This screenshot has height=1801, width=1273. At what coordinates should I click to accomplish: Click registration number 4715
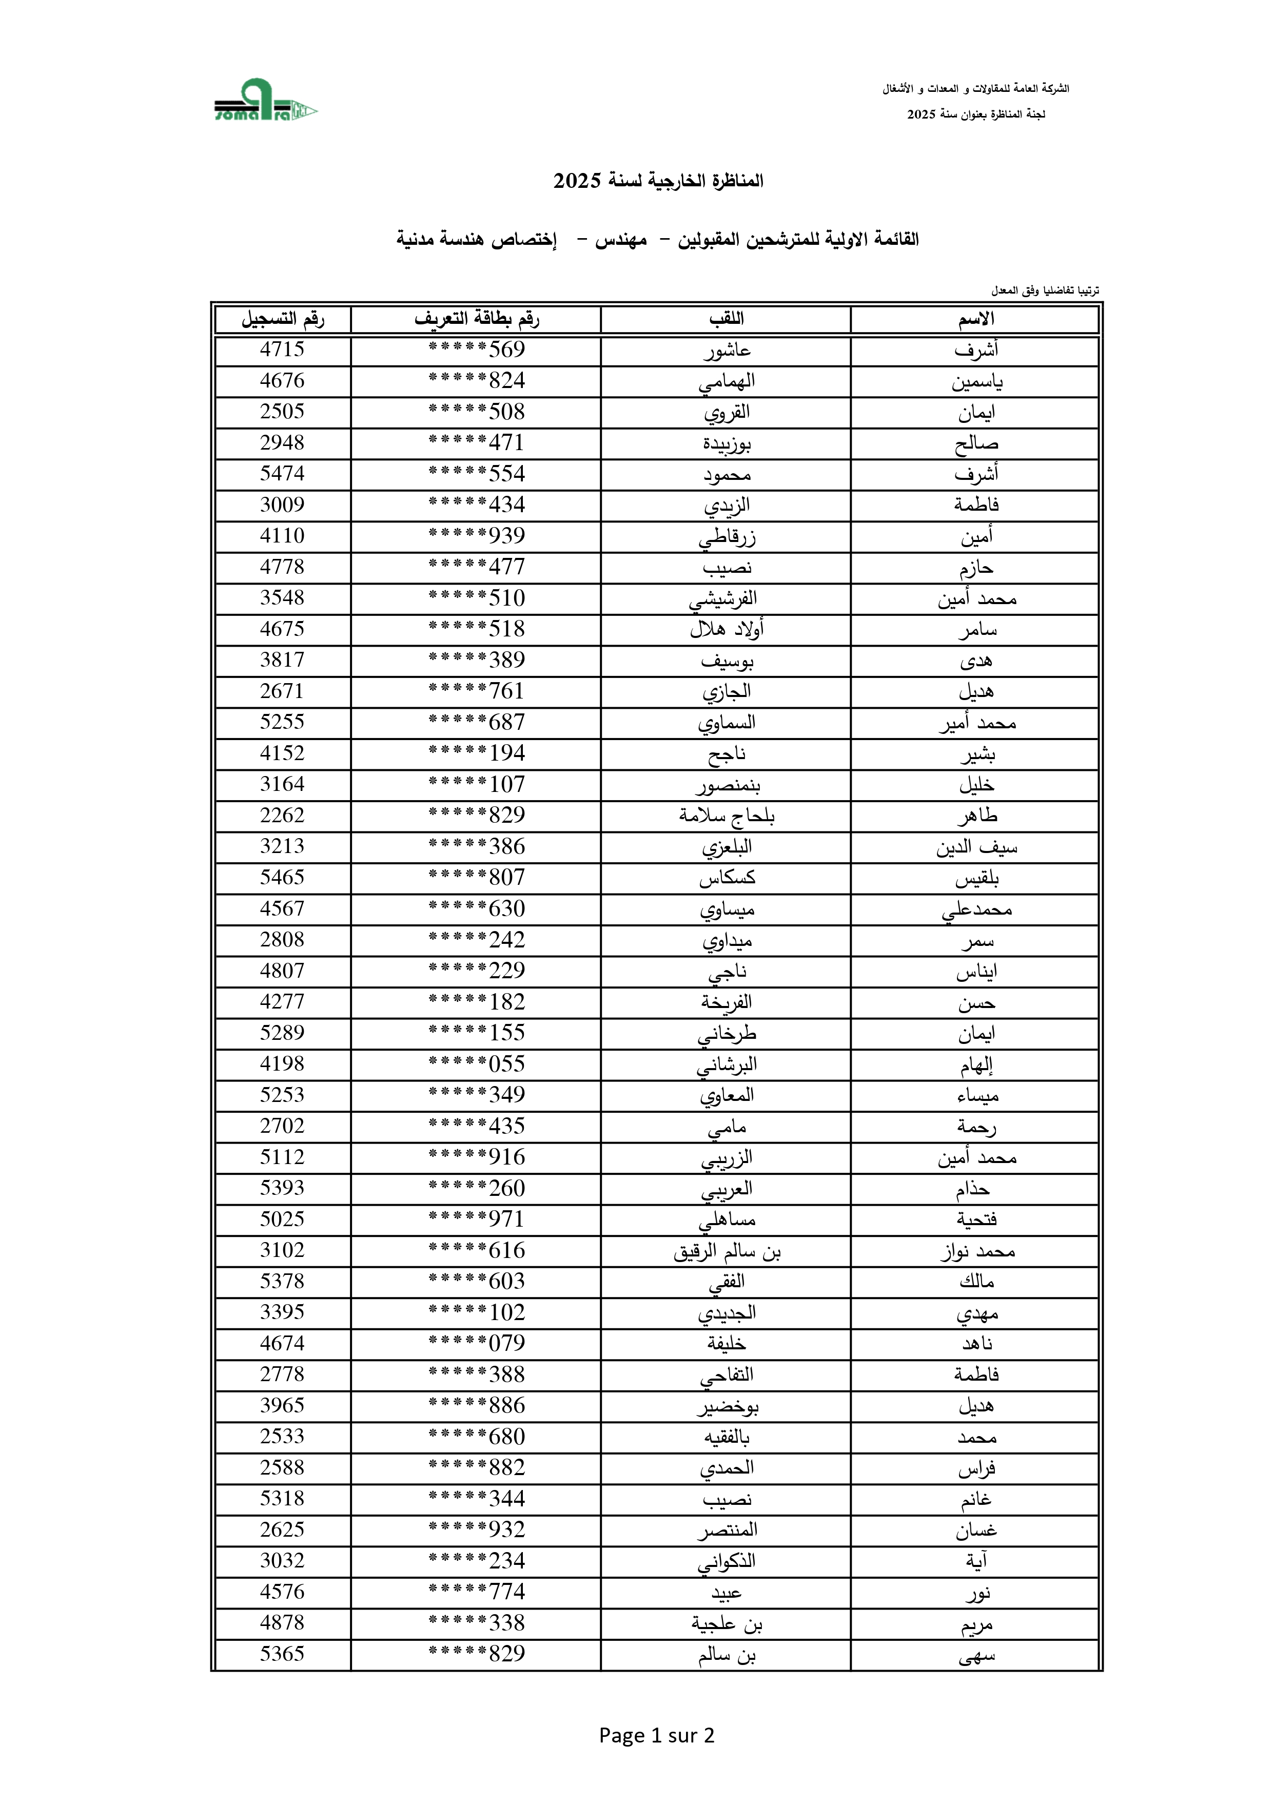(x=282, y=350)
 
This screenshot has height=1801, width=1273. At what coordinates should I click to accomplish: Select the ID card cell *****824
(x=476, y=381)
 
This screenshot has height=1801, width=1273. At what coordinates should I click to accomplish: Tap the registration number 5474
(x=282, y=474)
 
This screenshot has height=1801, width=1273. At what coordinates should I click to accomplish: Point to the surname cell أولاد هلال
(x=727, y=629)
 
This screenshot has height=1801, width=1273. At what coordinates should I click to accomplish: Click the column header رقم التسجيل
(x=282, y=319)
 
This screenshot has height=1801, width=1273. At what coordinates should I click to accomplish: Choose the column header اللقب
(x=727, y=319)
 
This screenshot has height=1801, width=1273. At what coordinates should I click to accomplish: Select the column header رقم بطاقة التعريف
(x=476, y=319)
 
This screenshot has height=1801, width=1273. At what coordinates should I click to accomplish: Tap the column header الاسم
(x=976, y=319)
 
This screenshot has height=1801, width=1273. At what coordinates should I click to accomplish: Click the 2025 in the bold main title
(x=577, y=181)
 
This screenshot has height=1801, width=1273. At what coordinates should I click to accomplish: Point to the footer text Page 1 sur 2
(x=656, y=1735)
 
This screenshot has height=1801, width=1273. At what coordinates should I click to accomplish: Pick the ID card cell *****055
(x=476, y=1064)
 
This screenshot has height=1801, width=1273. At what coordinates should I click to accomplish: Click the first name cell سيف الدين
(x=976, y=847)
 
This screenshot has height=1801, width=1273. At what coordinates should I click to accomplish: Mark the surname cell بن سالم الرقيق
(x=727, y=1251)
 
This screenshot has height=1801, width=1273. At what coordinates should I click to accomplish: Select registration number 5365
(x=282, y=1654)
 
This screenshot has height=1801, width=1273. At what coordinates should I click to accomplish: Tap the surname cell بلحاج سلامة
(x=727, y=816)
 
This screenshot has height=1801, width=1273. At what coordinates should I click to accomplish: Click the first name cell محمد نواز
(x=976, y=1251)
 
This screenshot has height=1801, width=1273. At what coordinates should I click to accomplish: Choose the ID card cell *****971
(x=476, y=1220)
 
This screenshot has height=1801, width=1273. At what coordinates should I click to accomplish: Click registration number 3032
(x=282, y=1561)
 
